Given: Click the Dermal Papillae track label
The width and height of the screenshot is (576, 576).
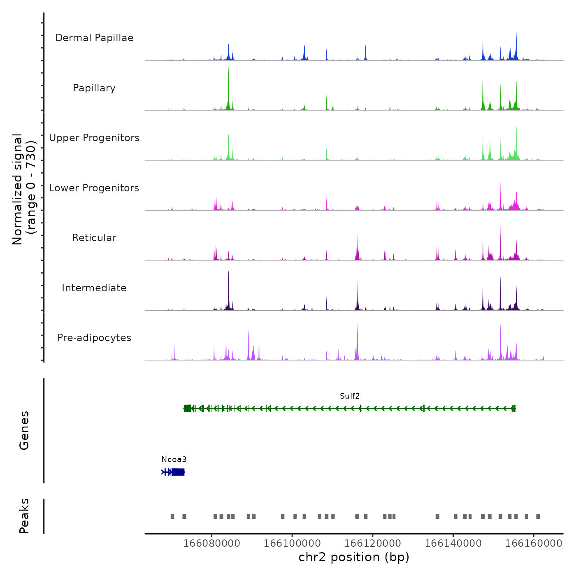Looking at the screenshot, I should point(94,38).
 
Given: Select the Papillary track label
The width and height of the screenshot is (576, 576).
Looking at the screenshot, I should point(94,88).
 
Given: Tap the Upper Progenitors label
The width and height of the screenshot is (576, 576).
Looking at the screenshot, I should point(94,138).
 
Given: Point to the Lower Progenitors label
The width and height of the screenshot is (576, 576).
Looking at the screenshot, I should point(94,188).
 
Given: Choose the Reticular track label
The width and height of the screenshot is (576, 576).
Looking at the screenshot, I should point(94,238).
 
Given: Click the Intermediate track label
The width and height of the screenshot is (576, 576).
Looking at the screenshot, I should point(94,288).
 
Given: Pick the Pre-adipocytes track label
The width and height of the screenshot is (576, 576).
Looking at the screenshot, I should point(94,338).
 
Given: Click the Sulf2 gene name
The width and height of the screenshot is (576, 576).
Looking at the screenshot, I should point(350,396).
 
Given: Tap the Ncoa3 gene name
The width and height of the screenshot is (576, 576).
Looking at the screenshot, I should point(174,460).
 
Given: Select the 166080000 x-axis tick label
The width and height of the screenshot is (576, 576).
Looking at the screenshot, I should point(211,543).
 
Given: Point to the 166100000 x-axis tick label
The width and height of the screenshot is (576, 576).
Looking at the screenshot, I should point(292,543).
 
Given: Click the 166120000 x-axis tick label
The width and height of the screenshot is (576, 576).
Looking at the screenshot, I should point(372,543).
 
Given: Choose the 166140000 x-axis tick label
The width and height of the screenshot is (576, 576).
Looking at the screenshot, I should point(453,543).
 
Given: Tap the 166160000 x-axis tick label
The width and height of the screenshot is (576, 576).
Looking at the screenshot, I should point(534,543).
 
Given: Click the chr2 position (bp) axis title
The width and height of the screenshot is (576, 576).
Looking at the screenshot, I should point(354,557).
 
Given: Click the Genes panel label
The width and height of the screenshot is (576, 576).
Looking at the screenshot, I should point(24,430).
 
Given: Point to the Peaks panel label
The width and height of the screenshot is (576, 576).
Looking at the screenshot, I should point(24,516).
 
